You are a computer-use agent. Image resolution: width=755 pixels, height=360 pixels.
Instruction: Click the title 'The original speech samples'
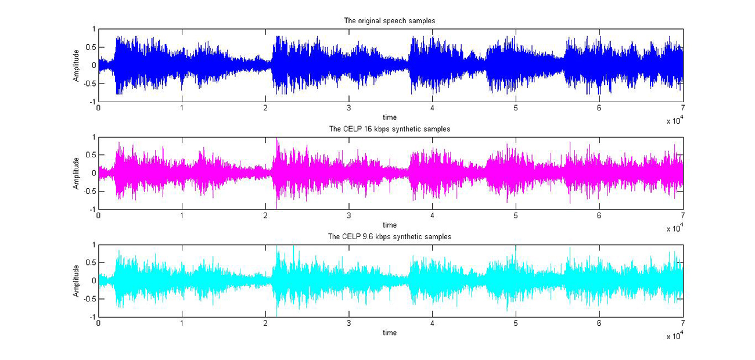click(390, 21)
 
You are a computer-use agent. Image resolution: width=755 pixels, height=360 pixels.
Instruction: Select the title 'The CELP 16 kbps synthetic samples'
click(390, 129)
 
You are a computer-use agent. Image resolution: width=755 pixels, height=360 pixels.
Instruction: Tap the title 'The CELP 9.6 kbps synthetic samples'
click(390, 237)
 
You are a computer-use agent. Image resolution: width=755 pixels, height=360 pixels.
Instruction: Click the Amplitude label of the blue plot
click(76, 65)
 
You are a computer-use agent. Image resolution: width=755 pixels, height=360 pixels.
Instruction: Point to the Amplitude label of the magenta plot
click(76, 173)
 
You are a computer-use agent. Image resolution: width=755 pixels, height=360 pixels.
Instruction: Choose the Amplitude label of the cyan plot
click(76, 281)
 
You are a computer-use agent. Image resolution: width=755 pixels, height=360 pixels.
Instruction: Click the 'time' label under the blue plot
click(390, 117)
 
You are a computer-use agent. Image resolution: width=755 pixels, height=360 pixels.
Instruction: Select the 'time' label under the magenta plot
click(390, 225)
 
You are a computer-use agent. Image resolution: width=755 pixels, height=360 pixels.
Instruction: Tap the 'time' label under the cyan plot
click(390, 333)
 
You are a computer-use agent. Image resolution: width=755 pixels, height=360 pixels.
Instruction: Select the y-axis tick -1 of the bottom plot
click(92, 318)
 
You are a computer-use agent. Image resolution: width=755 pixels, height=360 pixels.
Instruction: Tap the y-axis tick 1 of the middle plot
click(94, 137)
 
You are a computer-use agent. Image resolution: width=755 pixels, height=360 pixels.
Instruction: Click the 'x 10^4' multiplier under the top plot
click(674, 121)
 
